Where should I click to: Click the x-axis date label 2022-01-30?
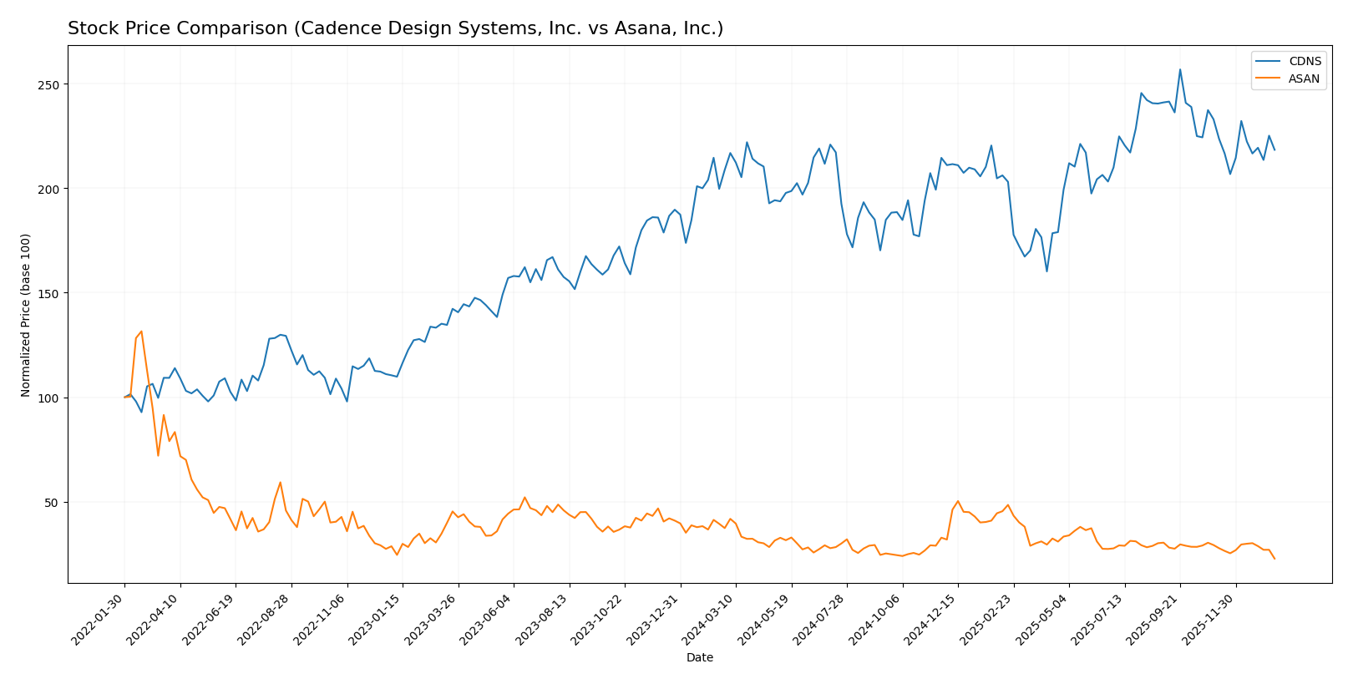(98, 619)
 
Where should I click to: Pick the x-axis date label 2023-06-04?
(487, 619)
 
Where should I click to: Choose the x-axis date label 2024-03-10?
(709, 619)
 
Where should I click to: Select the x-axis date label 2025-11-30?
(1209, 619)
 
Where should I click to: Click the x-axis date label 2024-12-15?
(931, 619)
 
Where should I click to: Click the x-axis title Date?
(699, 658)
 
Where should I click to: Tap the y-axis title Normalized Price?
(26, 315)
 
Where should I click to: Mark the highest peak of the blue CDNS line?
(1179, 69)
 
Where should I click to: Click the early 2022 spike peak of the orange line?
(141, 332)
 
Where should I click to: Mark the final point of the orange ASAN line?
(1274, 559)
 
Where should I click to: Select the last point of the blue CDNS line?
(1274, 150)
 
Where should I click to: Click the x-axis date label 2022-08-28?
(265, 619)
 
